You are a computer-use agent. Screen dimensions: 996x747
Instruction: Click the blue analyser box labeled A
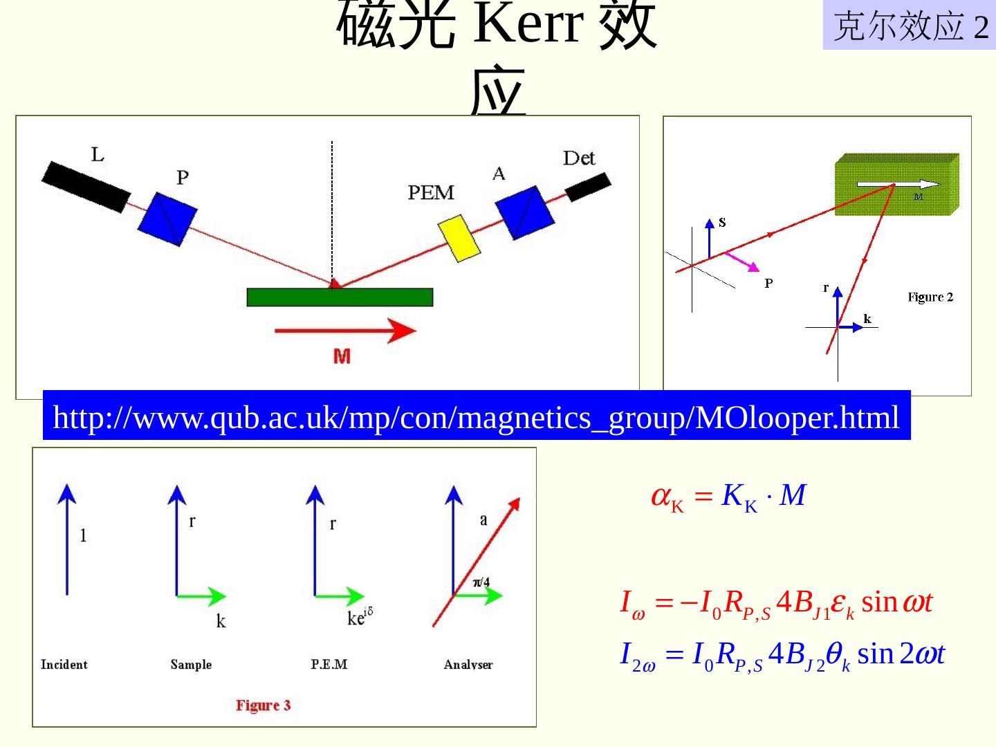click(x=525, y=211)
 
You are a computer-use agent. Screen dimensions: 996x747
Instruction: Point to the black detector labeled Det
click(x=588, y=186)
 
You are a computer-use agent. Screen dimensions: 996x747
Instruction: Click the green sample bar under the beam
click(x=340, y=297)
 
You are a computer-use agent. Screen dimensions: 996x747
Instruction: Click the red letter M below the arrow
click(x=342, y=356)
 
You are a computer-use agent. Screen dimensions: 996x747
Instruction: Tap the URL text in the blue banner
click(x=476, y=417)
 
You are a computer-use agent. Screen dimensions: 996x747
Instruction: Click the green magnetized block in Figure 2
click(x=896, y=184)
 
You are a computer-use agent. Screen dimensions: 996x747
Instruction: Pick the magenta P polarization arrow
click(x=743, y=262)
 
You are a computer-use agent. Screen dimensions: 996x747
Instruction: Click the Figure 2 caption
click(x=930, y=297)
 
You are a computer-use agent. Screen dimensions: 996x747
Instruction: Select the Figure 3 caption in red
click(x=263, y=705)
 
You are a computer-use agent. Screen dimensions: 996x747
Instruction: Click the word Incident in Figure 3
click(x=64, y=665)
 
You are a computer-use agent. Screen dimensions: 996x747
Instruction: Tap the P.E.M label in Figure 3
click(x=329, y=665)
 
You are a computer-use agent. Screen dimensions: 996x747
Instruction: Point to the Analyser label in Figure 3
click(x=468, y=665)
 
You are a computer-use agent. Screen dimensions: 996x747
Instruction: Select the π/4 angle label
click(x=481, y=582)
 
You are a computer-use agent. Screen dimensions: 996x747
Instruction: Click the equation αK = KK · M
click(x=728, y=497)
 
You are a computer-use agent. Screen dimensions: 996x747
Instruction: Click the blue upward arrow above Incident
click(x=67, y=539)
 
